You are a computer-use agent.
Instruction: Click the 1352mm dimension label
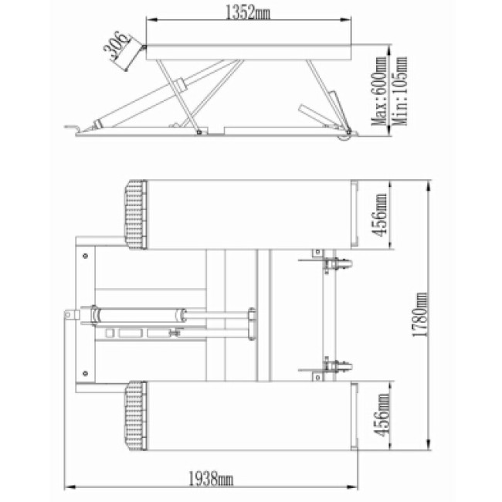248,13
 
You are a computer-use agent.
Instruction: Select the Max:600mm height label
380,92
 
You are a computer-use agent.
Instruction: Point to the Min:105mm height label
400,91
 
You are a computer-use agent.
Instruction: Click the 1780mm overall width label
420,314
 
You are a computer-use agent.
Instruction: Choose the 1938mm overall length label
210,479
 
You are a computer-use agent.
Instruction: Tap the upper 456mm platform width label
380,215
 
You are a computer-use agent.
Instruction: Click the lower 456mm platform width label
382,416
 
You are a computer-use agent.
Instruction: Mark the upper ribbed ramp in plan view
135,215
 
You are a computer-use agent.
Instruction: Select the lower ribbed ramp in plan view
135,416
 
